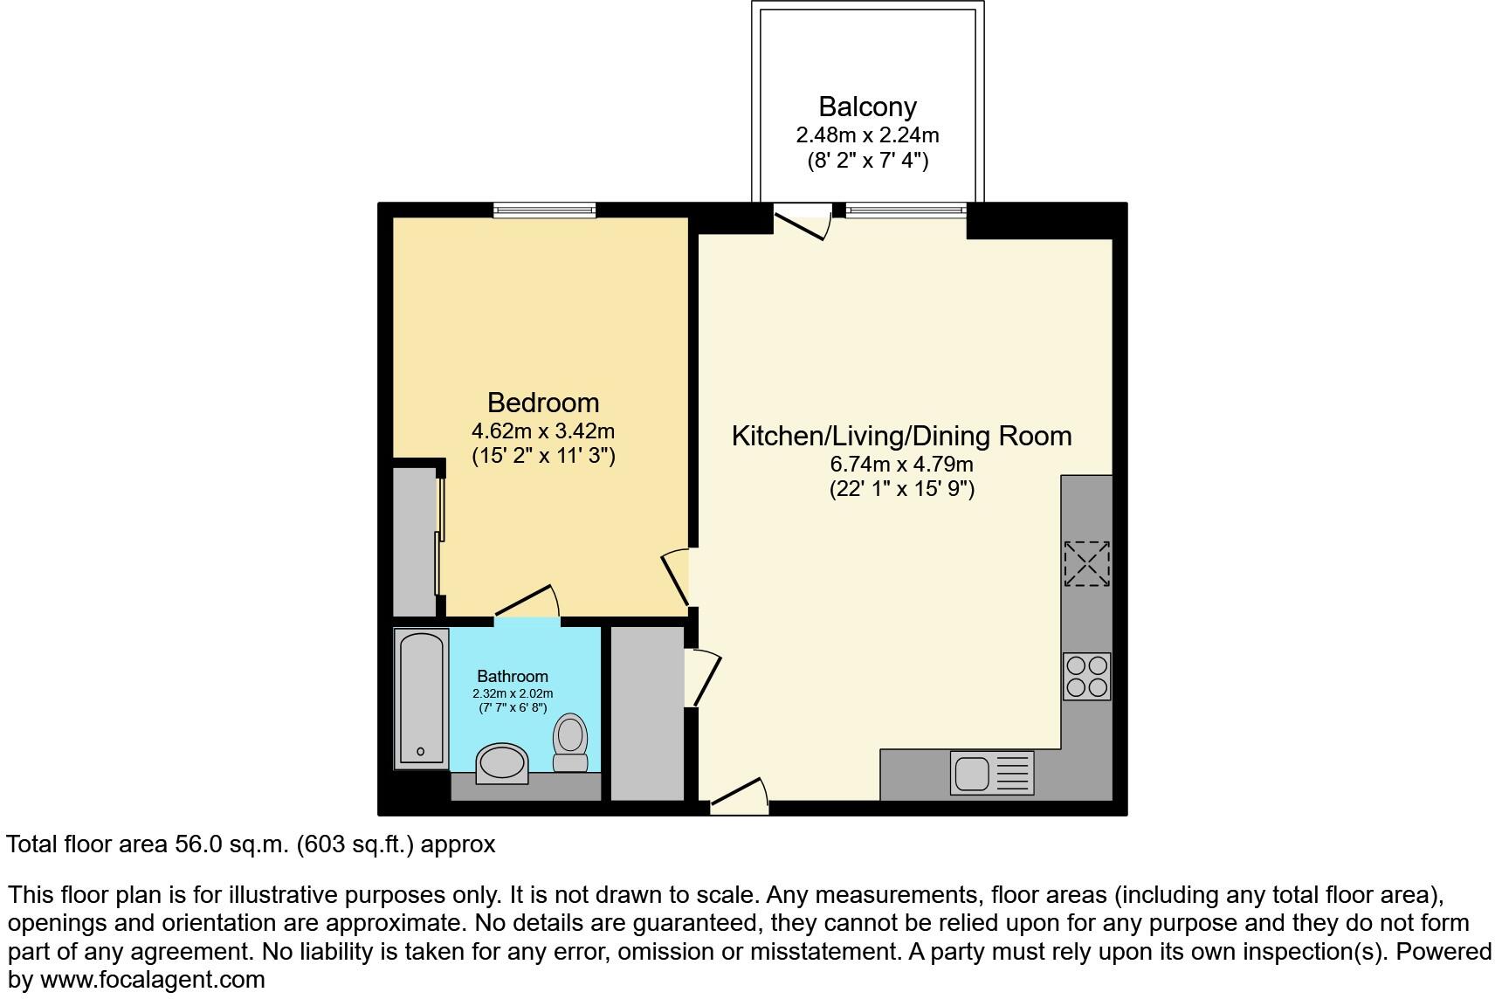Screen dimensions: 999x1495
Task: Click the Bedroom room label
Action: click(543, 403)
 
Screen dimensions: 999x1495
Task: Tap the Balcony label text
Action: click(867, 107)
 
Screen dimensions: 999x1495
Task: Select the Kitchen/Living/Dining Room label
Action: click(901, 436)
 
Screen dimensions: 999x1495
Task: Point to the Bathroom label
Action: click(513, 676)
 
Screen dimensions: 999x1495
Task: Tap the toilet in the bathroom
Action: click(570, 741)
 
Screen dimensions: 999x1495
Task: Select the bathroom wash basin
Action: click(501, 763)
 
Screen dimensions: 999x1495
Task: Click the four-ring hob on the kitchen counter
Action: click(1086, 676)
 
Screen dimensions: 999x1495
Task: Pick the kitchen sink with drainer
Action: click(991, 773)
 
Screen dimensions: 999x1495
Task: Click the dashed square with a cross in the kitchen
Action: click(1086, 563)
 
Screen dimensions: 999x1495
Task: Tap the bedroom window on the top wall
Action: click(544, 210)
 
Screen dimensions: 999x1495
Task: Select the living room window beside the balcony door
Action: click(906, 210)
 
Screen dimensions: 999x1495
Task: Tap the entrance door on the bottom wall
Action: click(739, 796)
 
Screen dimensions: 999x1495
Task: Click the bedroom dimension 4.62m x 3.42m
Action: click(543, 431)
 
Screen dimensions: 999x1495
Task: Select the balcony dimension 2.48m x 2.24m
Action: click(867, 135)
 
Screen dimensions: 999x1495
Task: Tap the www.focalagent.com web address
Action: click(152, 979)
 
